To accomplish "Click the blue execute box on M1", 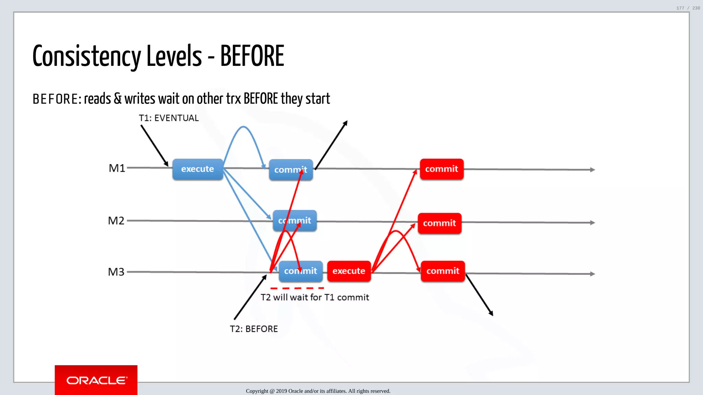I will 197,169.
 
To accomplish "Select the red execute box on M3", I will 349,271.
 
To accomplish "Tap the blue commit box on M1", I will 290,170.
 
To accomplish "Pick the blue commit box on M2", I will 295,220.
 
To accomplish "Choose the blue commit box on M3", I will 300,271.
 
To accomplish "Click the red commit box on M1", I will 441,169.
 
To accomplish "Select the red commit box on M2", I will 439,223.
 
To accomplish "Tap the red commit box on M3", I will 442,271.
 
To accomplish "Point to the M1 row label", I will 117,168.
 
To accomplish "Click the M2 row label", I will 116,220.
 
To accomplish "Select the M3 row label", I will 116,272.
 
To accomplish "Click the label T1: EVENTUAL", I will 169,118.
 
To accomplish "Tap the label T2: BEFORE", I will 254,329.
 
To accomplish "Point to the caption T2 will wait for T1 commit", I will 314,297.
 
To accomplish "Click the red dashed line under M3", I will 297,288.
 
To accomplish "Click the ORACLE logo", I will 96,380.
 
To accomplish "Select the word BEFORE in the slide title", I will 252,56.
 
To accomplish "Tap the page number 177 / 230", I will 688,8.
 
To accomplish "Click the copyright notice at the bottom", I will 318,391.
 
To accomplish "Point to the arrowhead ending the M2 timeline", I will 592,223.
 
